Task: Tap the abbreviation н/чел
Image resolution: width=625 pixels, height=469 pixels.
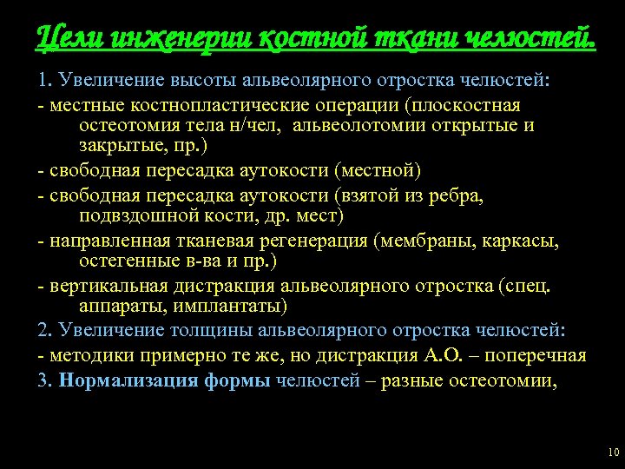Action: click(262, 126)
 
